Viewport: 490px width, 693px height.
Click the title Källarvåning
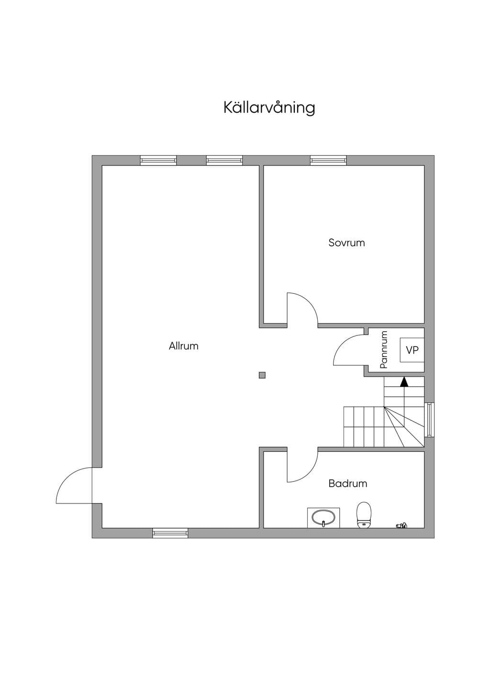[x=269, y=108]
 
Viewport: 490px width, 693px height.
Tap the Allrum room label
[x=183, y=346]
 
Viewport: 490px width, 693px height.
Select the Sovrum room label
[x=346, y=243]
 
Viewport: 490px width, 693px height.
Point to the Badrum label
[x=348, y=483]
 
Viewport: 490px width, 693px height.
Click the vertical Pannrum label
[x=384, y=349]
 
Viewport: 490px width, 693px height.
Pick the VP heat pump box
[x=412, y=350]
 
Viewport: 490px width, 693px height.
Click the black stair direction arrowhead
[x=404, y=382]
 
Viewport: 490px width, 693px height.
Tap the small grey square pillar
[x=262, y=375]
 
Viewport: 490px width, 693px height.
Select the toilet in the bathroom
[x=364, y=515]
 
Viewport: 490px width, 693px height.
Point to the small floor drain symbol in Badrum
[x=401, y=525]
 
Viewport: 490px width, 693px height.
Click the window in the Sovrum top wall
[x=328, y=160]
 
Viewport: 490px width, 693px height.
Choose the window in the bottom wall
[x=170, y=533]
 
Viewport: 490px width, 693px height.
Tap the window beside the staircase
[x=429, y=420]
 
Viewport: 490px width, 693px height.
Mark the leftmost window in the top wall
[x=158, y=160]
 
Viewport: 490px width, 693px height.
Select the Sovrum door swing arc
[x=309, y=302]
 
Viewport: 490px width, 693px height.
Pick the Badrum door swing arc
[x=309, y=473]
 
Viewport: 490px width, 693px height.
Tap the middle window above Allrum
[x=224, y=160]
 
